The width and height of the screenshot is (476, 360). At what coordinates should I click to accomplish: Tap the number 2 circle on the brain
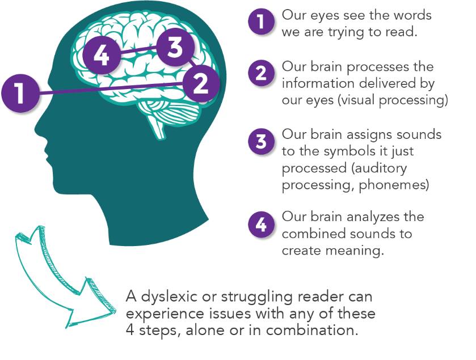pyautogui.click(x=200, y=84)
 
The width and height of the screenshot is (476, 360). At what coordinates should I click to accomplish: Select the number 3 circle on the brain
pyautogui.click(x=175, y=48)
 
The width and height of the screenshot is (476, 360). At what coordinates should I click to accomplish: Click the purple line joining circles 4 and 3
pyautogui.click(x=137, y=52)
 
